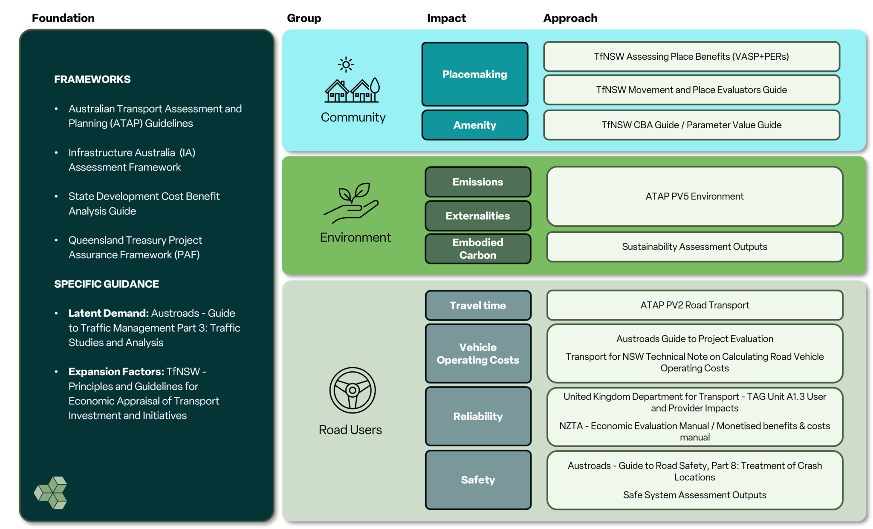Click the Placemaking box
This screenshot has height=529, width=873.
(474, 74)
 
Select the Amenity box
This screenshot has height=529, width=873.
(474, 125)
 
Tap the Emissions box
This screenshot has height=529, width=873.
(477, 182)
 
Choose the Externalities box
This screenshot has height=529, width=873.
(477, 216)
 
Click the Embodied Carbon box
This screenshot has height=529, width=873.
(477, 249)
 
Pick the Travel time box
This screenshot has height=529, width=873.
(477, 305)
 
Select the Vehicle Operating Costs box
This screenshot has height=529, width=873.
(477, 353)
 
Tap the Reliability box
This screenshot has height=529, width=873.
(477, 416)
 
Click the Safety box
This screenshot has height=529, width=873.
(477, 480)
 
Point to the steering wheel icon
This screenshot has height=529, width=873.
(352, 390)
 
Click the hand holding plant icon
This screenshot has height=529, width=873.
(351, 203)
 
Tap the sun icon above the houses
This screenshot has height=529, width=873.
(346, 65)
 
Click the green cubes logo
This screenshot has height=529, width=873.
(51, 492)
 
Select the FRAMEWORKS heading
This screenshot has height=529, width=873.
(92, 79)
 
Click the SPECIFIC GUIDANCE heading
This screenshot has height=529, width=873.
(106, 284)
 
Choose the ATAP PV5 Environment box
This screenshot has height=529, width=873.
(694, 196)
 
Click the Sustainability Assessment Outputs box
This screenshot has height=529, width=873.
(694, 246)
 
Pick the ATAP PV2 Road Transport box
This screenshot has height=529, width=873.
(694, 305)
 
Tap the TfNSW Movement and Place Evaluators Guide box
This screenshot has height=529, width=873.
(691, 90)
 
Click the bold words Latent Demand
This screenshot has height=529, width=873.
(108, 313)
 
